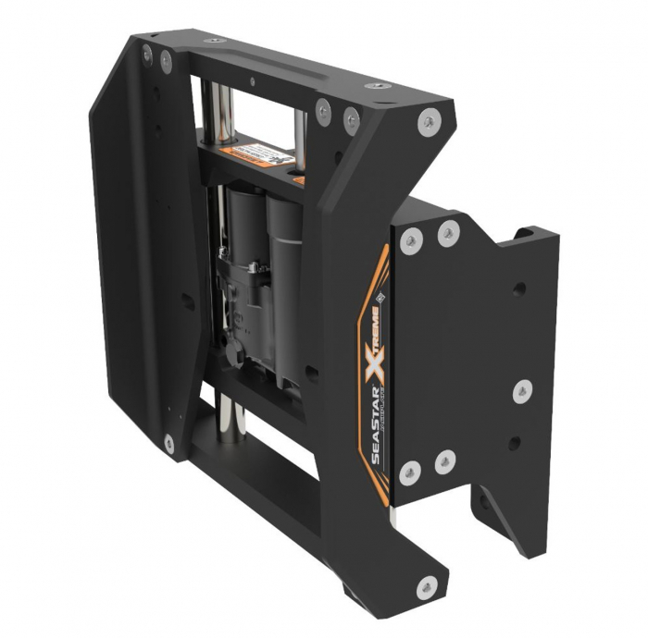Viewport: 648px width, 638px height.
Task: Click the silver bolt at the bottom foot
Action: (x=427, y=584)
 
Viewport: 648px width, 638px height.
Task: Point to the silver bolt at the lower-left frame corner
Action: (x=168, y=444)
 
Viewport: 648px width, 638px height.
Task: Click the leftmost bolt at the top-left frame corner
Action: (x=148, y=57)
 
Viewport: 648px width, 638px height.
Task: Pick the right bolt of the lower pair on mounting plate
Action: (x=444, y=460)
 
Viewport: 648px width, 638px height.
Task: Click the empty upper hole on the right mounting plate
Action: (x=519, y=288)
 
